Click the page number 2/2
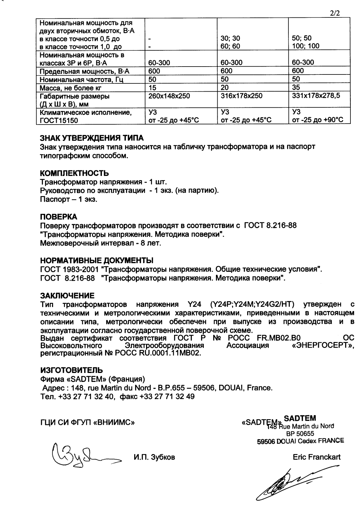(335, 14)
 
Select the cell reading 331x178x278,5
(316, 96)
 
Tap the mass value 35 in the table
(296, 88)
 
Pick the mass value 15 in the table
(152, 88)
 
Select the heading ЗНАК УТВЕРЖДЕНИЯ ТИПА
(92, 138)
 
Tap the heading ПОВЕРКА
(58, 217)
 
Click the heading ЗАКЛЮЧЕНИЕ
(67, 295)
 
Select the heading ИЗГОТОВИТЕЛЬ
(71, 370)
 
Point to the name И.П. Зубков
(154, 457)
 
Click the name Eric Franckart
(316, 457)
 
